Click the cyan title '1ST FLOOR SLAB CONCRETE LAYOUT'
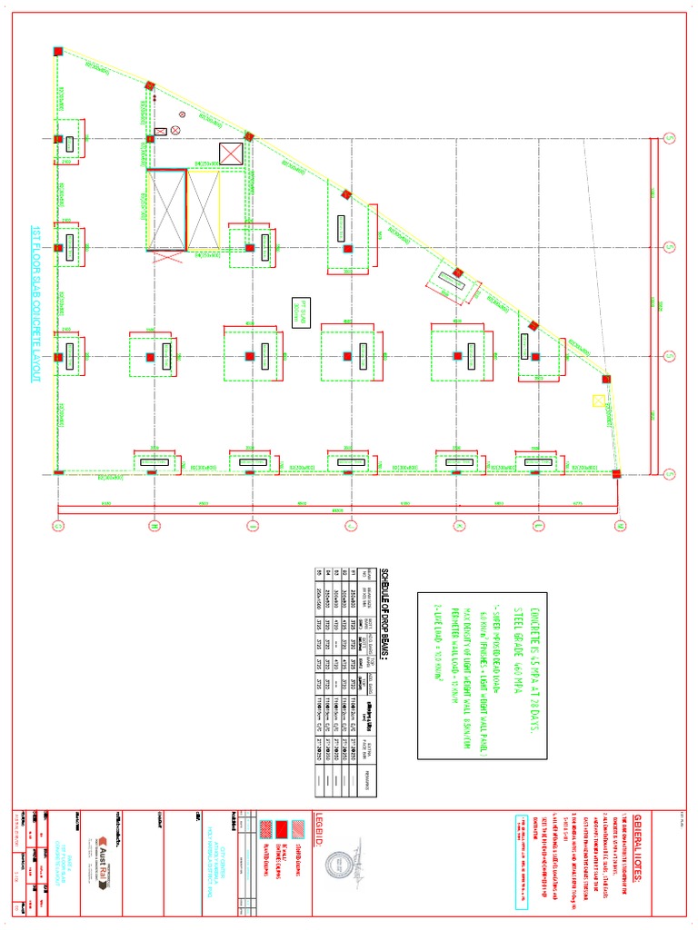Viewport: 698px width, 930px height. (x=36, y=303)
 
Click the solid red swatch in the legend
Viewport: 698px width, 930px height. (x=282, y=828)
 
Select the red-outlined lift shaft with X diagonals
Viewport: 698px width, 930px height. (x=166, y=209)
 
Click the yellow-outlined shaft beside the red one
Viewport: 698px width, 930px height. (x=204, y=209)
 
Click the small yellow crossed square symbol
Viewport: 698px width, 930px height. (x=597, y=400)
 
